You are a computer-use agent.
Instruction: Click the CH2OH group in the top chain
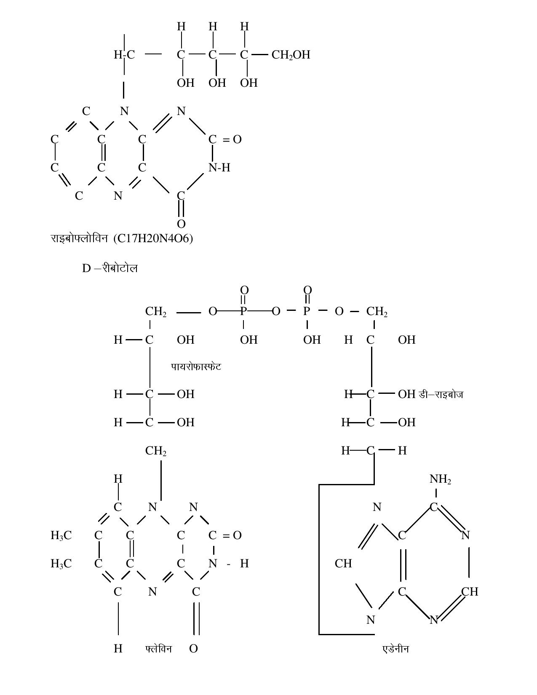(x=291, y=55)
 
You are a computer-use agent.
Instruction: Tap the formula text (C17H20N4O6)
(x=153, y=238)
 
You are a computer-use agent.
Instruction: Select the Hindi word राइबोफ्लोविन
(x=79, y=238)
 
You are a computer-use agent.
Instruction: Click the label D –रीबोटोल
(x=110, y=268)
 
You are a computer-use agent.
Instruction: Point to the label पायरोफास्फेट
(x=196, y=366)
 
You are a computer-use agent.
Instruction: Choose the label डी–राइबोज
(x=441, y=394)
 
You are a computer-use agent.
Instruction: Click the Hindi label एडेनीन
(x=396, y=649)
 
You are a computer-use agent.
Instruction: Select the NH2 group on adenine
(x=440, y=479)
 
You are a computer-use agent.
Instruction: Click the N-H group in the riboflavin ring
(x=219, y=167)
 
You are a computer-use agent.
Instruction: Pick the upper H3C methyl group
(x=61, y=535)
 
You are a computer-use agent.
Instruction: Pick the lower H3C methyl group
(x=61, y=564)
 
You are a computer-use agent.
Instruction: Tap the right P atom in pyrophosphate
(x=307, y=311)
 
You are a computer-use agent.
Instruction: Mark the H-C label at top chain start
(x=124, y=55)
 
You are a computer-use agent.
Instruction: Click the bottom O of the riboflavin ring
(x=181, y=224)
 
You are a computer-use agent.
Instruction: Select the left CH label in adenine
(x=343, y=564)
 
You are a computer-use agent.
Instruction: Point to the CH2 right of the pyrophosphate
(x=377, y=312)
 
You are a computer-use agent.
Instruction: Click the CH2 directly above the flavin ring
(x=156, y=451)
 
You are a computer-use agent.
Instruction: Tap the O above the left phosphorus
(x=244, y=290)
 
